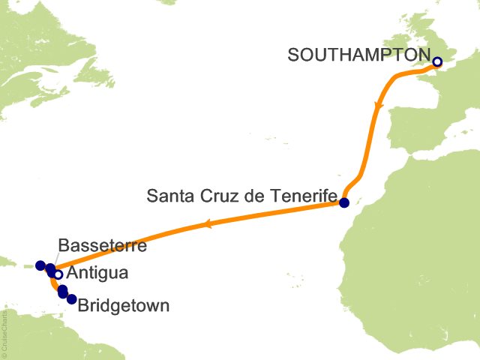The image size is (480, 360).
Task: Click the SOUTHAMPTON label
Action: click(358, 55)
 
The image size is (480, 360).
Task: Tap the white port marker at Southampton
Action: click(437, 62)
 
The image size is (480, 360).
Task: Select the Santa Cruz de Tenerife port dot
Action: click(344, 202)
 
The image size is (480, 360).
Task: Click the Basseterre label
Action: click(102, 245)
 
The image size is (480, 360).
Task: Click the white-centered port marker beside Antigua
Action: click(58, 274)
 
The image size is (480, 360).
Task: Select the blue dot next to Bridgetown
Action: click(72, 299)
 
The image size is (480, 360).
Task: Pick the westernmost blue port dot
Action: click(40, 265)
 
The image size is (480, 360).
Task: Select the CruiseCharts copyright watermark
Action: click(4, 331)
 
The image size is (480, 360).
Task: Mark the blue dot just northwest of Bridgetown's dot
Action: click(63, 292)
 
